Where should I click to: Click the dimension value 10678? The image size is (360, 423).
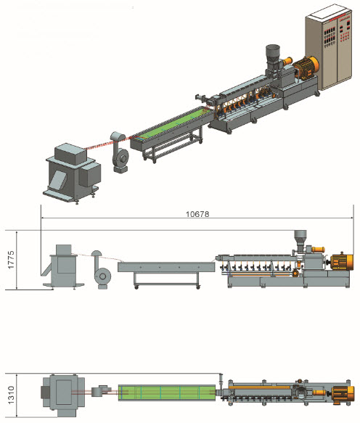[197, 214]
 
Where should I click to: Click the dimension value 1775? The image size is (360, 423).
[11, 260]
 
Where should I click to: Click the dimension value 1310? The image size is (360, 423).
[11, 395]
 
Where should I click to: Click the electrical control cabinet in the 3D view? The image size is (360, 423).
[329, 47]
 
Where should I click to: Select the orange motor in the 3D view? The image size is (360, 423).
[306, 67]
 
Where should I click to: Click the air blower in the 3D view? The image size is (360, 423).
[120, 152]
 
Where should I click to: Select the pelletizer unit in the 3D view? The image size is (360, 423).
[73, 173]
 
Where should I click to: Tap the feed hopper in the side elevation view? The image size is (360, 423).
[300, 241]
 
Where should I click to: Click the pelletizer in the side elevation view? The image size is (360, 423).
[63, 267]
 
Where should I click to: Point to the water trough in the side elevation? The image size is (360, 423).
[166, 267]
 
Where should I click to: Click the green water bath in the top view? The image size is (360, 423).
[167, 393]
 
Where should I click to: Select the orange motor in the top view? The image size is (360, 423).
[343, 393]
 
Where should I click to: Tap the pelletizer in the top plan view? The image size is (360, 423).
[62, 395]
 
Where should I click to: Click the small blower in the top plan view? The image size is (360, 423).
[100, 391]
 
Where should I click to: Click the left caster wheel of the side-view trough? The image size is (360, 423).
[136, 287]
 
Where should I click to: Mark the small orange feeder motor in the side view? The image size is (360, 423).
[318, 250]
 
